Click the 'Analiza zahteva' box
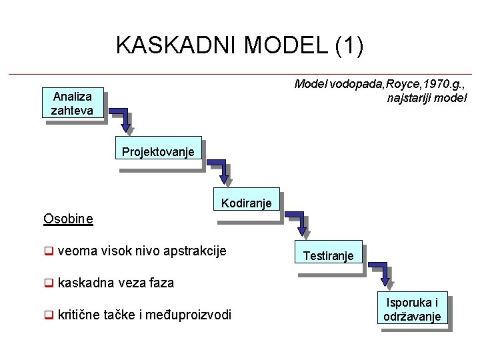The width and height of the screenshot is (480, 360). click(x=72, y=103)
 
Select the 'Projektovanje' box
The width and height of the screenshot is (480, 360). click(x=158, y=152)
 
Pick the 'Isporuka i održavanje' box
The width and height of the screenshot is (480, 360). click(x=412, y=309)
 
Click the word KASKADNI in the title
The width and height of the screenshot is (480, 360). click(x=177, y=45)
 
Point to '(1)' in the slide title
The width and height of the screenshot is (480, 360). click(x=349, y=45)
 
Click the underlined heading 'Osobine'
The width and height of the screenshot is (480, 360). click(x=68, y=218)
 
